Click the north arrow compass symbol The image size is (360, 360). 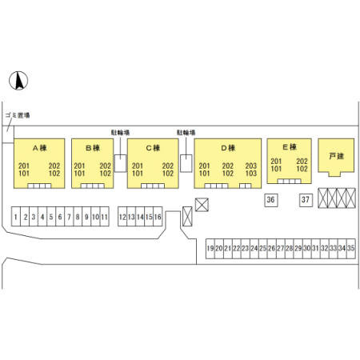[x=18, y=81]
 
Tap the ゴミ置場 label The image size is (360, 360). [x=18, y=115]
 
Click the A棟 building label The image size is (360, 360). [x=40, y=148]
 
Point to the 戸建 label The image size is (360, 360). [x=336, y=156]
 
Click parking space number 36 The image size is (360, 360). [x=270, y=200]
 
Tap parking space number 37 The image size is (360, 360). [x=306, y=200]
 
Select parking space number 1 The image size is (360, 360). [x=16, y=217]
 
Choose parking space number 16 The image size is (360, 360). [x=158, y=217]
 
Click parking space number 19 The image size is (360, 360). [x=210, y=249]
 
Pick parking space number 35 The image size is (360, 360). [x=351, y=249]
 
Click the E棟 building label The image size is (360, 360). [x=290, y=147]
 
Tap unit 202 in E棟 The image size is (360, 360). [x=302, y=162]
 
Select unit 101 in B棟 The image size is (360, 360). [x=79, y=174]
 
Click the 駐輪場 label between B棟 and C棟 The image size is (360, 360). [x=120, y=133]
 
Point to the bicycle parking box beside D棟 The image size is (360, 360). [x=186, y=163]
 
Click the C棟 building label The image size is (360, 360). [x=153, y=148]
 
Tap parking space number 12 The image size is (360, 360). [x=122, y=217]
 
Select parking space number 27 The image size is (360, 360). [x=281, y=249]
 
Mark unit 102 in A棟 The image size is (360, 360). [x=54, y=174]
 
